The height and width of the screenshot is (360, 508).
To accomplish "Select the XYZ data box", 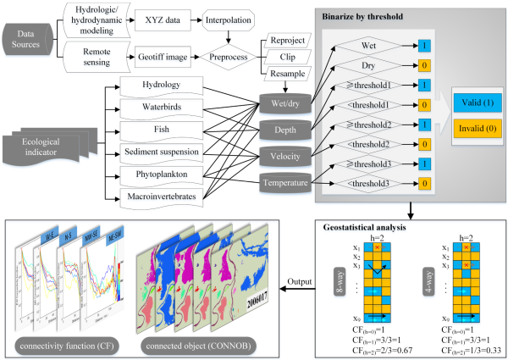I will [163, 17].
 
